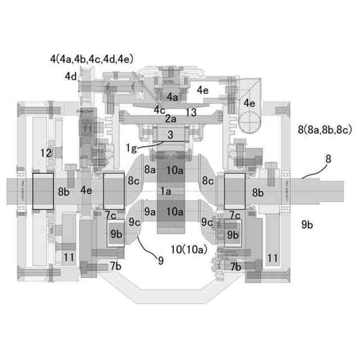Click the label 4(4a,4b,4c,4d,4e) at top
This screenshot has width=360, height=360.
(x=91, y=58)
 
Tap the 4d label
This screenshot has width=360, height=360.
(x=70, y=75)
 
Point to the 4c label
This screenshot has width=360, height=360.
(x=160, y=110)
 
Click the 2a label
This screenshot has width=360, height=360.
(x=170, y=119)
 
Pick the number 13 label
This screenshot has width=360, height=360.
(x=191, y=112)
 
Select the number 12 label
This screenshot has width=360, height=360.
(x=46, y=152)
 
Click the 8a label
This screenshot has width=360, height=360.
(x=150, y=169)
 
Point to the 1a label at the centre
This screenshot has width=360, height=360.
(x=166, y=191)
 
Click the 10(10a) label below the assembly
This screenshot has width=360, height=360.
(x=188, y=248)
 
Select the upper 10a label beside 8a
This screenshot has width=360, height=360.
(x=175, y=169)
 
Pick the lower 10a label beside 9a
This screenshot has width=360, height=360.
(x=175, y=211)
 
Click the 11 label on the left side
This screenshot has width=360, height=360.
(x=69, y=257)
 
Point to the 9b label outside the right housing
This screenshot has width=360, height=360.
(x=307, y=224)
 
